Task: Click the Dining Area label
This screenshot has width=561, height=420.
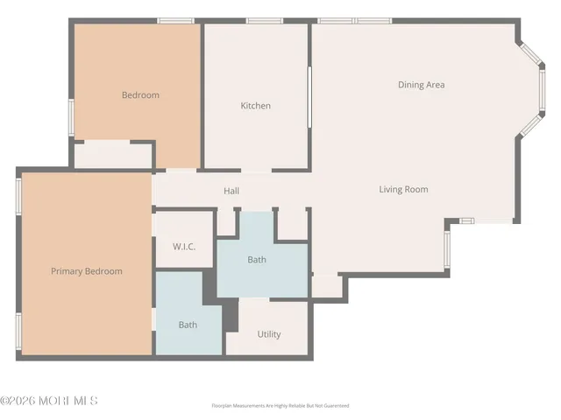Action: [x=422, y=85]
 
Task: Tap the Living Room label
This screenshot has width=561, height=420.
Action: [x=403, y=189]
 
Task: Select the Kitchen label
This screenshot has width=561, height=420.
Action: [x=256, y=106]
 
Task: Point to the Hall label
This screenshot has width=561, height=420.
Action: [x=231, y=191]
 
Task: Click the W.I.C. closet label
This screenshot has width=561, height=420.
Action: [x=183, y=247]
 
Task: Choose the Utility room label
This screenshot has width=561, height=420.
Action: [x=269, y=334]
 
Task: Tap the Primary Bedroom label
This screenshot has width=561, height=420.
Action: [x=86, y=271]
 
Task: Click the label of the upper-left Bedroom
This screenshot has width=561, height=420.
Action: [x=140, y=95]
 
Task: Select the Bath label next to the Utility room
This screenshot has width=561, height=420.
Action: [x=188, y=325]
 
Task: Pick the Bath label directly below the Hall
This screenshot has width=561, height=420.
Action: [x=257, y=260]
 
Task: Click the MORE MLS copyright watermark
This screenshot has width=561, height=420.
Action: [x=49, y=401]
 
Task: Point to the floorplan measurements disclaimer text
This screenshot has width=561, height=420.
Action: [x=280, y=406]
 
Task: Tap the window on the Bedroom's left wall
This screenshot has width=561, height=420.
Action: [x=71, y=116]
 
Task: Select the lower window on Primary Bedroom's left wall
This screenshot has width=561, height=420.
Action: [x=18, y=332]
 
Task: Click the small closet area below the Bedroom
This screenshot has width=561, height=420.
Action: [x=113, y=156]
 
